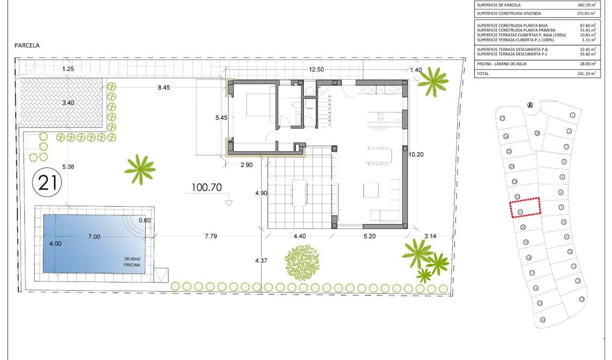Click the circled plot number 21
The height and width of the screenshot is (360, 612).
48,182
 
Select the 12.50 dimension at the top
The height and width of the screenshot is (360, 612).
317,69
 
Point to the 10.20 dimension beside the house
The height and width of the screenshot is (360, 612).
416,154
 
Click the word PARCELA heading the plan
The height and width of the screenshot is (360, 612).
27,46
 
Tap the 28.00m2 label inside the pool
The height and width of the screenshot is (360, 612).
133,259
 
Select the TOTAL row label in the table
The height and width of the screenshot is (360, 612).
483,73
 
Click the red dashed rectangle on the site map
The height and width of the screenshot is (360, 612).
525,207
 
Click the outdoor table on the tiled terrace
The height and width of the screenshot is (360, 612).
299,192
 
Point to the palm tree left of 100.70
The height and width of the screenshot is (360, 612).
140,169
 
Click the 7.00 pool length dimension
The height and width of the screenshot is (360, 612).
94,237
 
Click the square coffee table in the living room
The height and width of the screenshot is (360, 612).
371,191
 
